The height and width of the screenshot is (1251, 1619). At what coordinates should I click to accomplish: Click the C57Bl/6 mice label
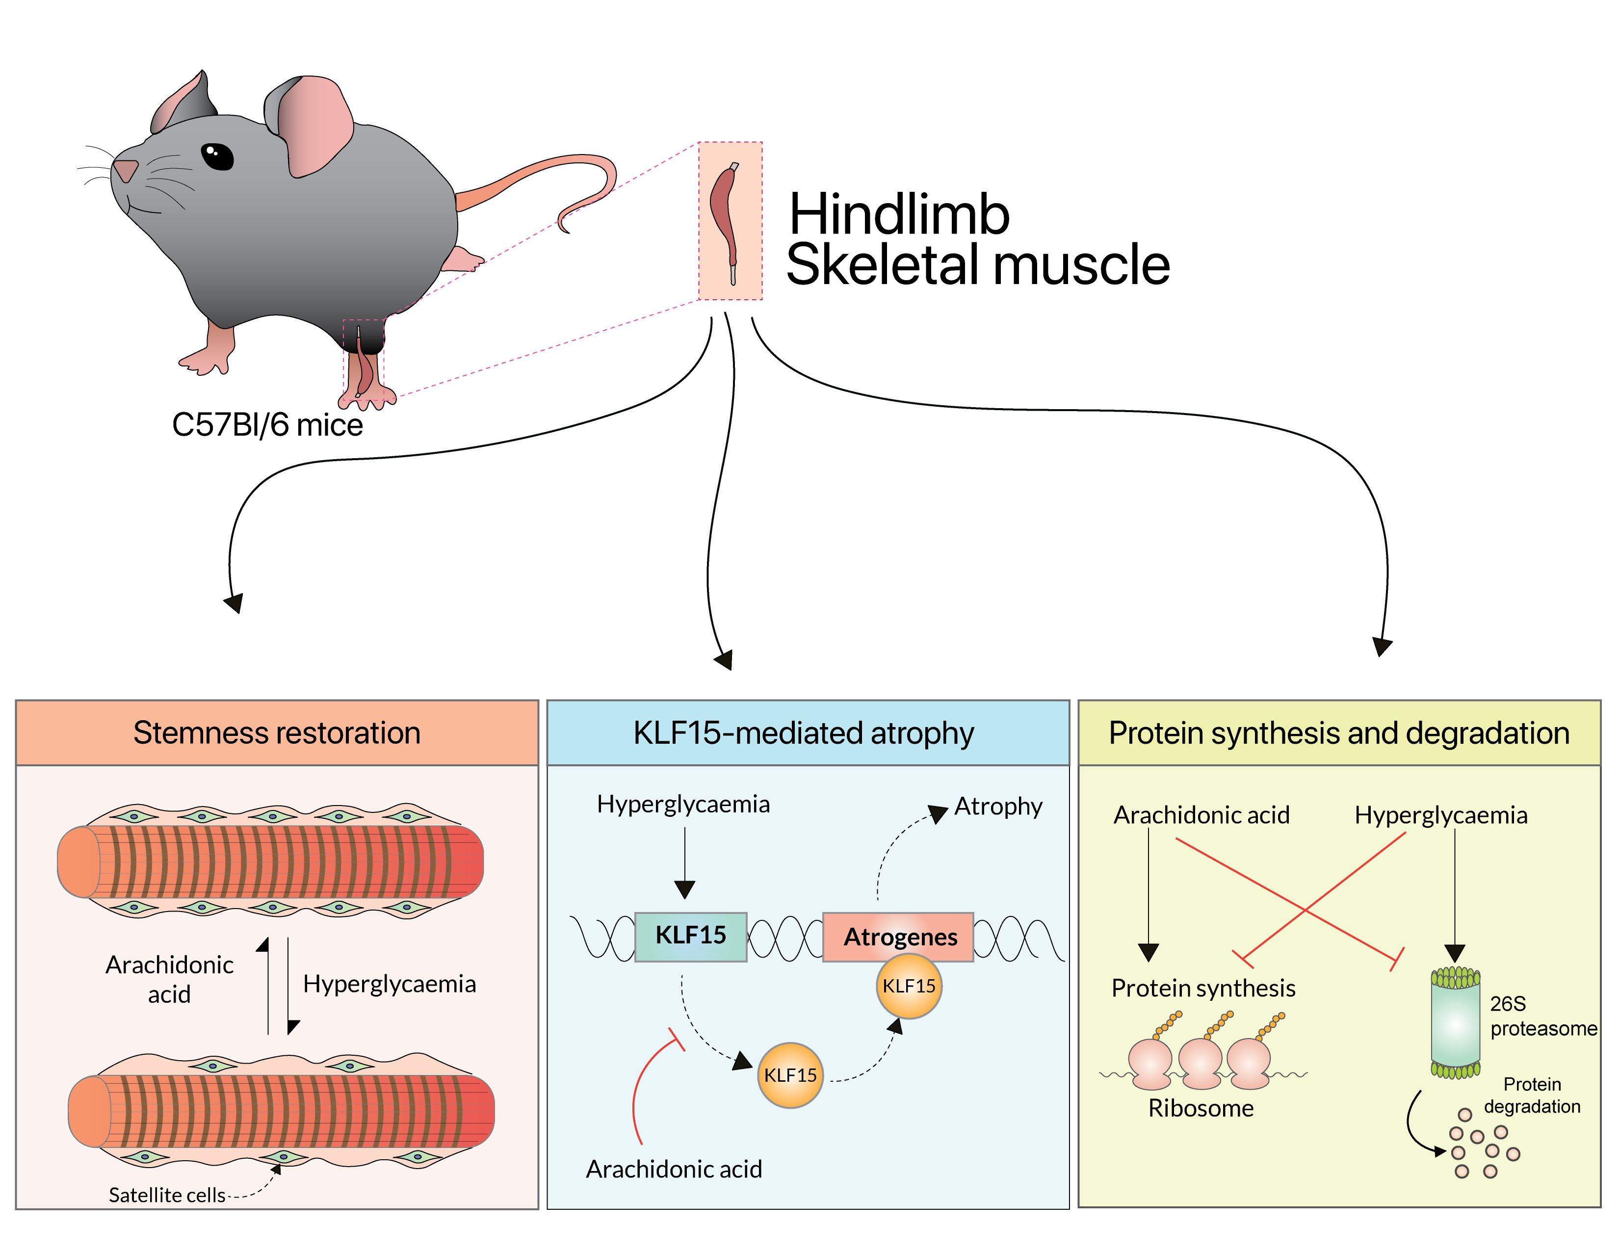tap(267, 425)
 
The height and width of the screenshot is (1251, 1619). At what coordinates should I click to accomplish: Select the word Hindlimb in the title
tap(898, 215)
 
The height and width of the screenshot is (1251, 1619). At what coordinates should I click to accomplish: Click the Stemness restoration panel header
tap(277, 733)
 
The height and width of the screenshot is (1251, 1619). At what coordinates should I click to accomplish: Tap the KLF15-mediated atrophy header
tap(804, 733)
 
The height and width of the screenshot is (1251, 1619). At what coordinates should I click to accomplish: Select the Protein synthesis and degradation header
tap(1339, 733)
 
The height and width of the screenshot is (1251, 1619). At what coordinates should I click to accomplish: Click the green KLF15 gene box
tap(690, 936)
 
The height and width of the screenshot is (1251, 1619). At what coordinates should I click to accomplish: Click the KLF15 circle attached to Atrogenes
tap(909, 987)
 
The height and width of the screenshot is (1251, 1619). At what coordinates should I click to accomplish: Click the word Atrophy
tap(998, 807)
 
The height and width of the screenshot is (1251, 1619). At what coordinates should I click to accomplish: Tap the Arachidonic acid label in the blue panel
tap(674, 1169)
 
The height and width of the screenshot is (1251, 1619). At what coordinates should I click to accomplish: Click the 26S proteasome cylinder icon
tap(1455, 1023)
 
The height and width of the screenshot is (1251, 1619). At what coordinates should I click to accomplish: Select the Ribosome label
tap(1201, 1108)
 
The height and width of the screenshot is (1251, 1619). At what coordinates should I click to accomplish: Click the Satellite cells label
tap(167, 1195)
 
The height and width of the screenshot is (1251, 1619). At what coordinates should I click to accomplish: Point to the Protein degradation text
tap(1532, 1095)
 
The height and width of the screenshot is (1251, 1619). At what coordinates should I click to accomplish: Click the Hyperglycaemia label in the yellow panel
tap(1440, 815)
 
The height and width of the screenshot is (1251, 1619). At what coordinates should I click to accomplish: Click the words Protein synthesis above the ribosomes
tap(1203, 988)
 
